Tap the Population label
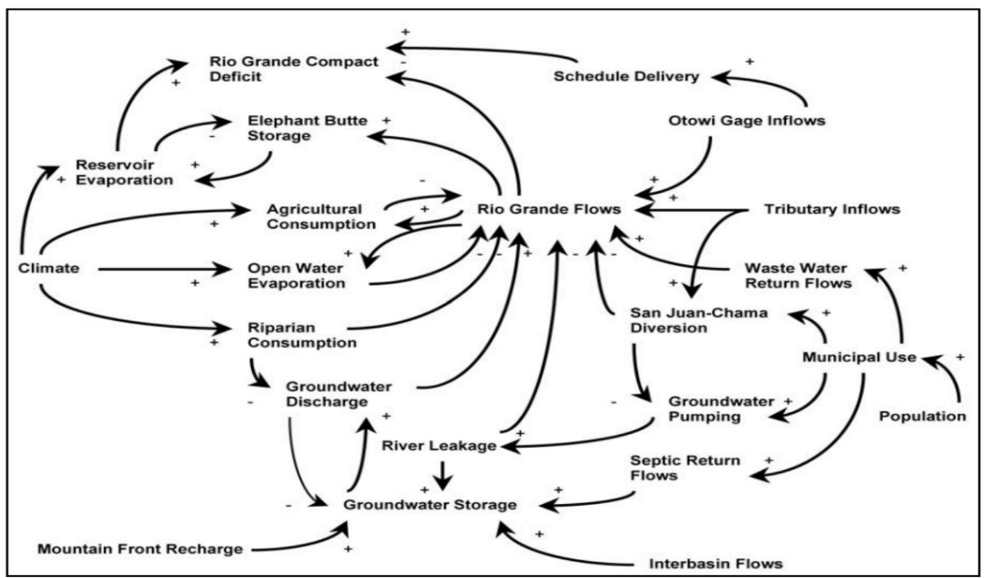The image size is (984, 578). (x=922, y=415)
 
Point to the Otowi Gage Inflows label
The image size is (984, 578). (x=734, y=122)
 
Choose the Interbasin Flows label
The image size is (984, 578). (x=715, y=564)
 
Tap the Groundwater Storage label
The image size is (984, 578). (x=430, y=505)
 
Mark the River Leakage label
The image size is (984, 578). (x=439, y=446)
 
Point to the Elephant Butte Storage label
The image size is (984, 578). (x=306, y=129)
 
